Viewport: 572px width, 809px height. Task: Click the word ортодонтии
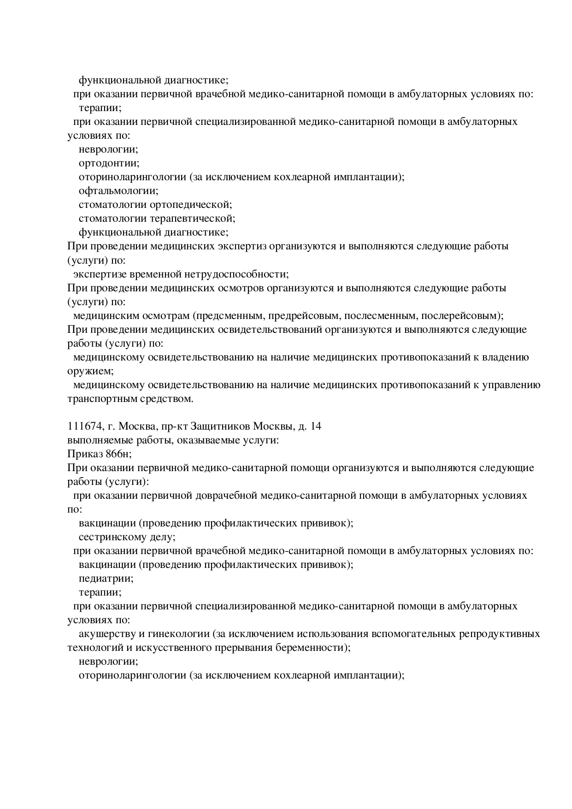point(108,163)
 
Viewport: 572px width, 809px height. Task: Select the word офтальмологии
point(118,191)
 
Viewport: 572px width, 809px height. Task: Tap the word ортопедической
point(190,205)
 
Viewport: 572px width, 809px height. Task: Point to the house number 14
point(316,426)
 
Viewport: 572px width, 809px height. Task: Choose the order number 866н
point(118,454)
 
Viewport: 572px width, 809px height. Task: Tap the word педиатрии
point(106,579)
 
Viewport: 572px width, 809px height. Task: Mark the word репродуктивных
point(499,634)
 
